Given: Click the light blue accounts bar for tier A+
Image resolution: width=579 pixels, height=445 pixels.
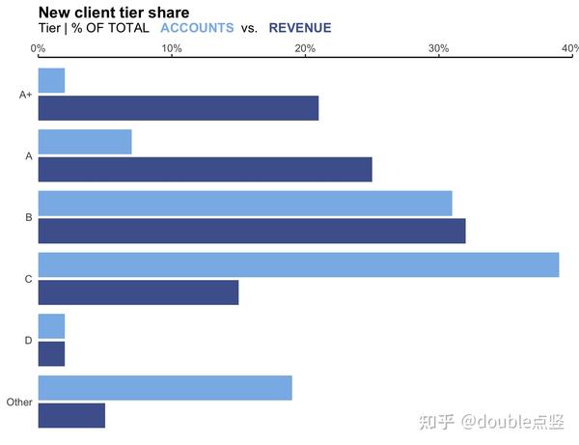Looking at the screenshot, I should point(51,80).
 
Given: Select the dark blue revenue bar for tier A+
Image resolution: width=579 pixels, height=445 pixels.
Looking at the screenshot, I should point(178,108).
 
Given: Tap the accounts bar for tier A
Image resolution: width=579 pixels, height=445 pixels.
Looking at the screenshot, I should point(84,142).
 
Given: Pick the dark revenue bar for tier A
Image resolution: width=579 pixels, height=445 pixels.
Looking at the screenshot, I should point(205,170).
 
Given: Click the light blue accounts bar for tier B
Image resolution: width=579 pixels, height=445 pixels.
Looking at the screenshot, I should point(244,204).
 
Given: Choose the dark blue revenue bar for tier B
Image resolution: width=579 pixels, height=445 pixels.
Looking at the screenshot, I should point(251,232).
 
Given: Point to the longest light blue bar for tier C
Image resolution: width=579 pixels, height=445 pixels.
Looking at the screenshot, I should point(298,264).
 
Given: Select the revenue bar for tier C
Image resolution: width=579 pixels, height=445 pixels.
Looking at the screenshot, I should point(138,292).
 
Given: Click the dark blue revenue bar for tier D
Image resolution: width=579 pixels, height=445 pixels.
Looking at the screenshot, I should point(51,354).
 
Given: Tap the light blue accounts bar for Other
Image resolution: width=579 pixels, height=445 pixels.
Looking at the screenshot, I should point(164,388).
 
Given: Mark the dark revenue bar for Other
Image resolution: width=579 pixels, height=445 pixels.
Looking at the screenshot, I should point(71,416).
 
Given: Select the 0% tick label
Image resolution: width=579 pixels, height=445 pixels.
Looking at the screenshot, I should point(38,48).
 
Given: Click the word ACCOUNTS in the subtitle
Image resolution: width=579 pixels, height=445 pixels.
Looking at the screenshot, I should point(197,28).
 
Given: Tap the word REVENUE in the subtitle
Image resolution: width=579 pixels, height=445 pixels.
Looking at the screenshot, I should point(300,28).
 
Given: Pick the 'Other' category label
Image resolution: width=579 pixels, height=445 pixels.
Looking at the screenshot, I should point(19,402).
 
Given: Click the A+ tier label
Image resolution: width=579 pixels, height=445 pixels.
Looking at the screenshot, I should point(26,95).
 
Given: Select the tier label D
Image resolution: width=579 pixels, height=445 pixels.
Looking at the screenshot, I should point(29,341).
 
